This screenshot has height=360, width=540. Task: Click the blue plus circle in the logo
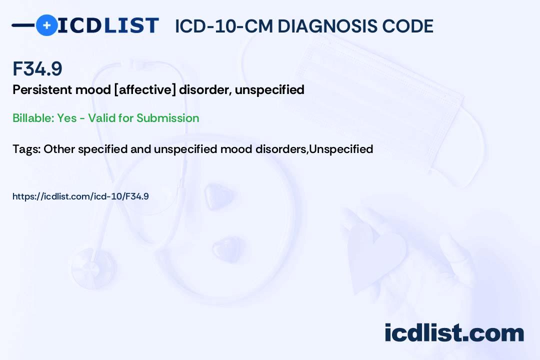pos(46,25)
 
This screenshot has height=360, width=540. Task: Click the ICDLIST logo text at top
pos(108,25)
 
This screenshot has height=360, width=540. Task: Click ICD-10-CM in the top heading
pos(224,26)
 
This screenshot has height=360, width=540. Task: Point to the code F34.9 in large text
pos(37,69)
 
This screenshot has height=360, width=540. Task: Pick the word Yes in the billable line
pos(66,118)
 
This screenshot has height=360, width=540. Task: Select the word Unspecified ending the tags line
pos(341,149)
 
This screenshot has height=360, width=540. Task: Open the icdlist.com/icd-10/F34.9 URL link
pos(80,196)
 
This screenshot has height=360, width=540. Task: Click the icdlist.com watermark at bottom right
pos(454,332)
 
